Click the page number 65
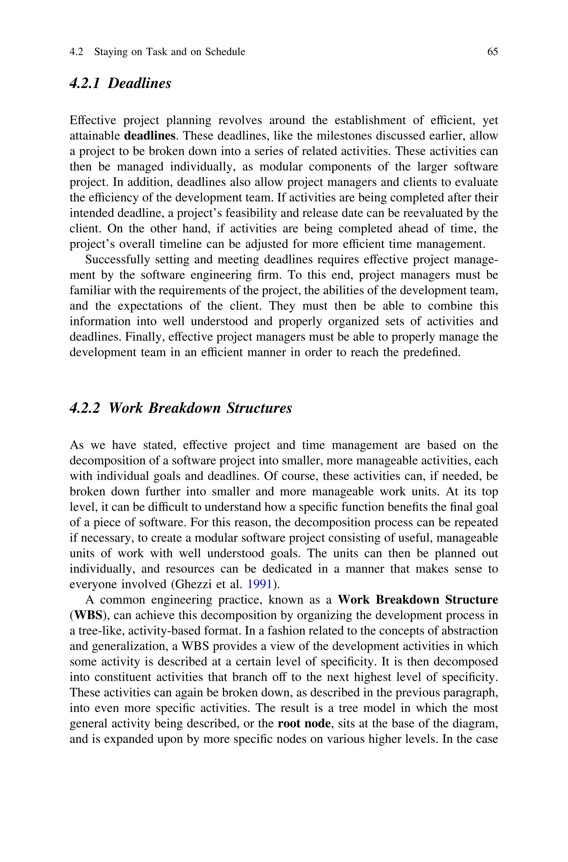point(492,52)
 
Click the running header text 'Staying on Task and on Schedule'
point(169,52)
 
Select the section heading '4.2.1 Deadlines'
point(120,83)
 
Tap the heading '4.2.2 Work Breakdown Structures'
point(180,408)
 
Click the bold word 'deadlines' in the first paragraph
point(149,136)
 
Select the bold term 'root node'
point(304,723)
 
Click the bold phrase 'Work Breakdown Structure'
point(418,600)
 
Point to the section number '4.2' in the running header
point(76,52)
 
